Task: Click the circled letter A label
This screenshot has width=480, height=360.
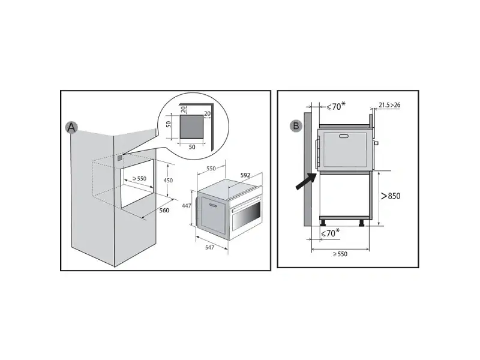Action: tap(71, 127)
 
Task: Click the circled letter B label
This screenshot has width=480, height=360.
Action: tap(296, 126)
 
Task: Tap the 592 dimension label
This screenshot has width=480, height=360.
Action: tap(245, 175)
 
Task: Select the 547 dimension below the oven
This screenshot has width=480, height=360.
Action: tap(209, 247)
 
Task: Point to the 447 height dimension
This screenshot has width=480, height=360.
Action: tap(187, 206)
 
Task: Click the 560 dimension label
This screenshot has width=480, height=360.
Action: tap(164, 211)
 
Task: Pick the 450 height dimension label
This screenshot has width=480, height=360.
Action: tap(168, 181)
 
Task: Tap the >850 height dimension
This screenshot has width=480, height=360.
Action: tap(391, 196)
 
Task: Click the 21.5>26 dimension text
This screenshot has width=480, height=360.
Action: tap(389, 105)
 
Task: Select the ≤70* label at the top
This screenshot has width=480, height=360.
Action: tap(336, 106)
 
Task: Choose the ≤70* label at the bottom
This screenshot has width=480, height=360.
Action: tap(330, 233)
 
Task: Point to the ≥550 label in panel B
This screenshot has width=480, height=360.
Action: tap(340, 254)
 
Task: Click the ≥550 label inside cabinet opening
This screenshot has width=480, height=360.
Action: tap(139, 178)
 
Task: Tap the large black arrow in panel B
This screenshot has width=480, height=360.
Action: tap(306, 181)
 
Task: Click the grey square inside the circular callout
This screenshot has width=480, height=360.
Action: tap(191, 127)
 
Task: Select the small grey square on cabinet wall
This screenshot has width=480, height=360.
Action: tap(119, 158)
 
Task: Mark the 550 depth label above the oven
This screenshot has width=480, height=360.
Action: tap(211, 169)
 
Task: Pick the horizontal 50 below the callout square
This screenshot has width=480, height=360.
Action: tap(192, 147)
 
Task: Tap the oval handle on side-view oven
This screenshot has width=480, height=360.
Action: tap(344, 136)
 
